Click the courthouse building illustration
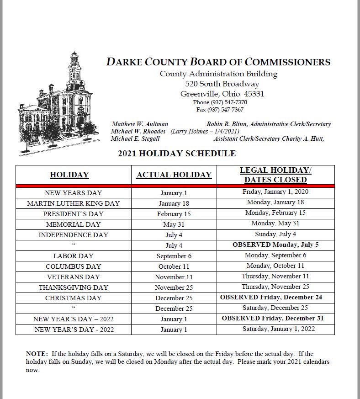click(x=58, y=105)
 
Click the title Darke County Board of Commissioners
click(x=218, y=62)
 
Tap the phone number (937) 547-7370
click(x=220, y=102)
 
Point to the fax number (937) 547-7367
click(x=220, y=110)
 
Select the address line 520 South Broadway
click(x=222, y=84)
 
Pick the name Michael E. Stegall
click(x=135, y=138)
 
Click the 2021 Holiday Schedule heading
click(x=177, y=154)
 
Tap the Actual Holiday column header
click(x=174, y=175)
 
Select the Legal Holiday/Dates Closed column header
click(x=275, y=175)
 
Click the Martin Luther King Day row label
click(x=74, y=203)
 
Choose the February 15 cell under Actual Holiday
click(x=174, y=214)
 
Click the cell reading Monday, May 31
click(x=275, y=223)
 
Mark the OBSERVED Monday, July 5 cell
click(x=275, y=245)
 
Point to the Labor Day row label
click(x=74, y=256)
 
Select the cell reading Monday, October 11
click(x=275, y=266)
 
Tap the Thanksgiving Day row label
click(x=74, y=287)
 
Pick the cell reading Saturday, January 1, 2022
click(x=278, y=329)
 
